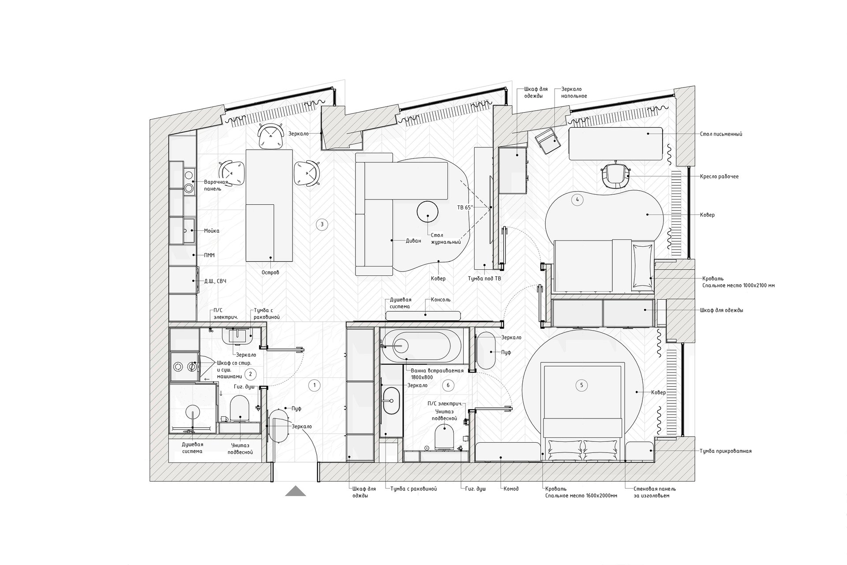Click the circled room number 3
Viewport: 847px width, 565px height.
pos(322,224)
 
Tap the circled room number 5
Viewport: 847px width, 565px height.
pos(581,385)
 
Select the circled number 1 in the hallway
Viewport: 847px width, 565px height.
pos(314,385)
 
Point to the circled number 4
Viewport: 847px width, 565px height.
pos(577,200)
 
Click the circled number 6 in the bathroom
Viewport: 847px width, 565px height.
pos(448,385)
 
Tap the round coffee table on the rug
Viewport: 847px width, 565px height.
pos(427,211)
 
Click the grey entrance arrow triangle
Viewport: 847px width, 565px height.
pos(296,491)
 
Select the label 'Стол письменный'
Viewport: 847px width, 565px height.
pos(721,134)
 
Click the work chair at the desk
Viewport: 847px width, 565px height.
pos(616,175)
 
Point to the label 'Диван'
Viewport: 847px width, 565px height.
pos(413,241)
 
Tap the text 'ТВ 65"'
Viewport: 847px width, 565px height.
pos(465,207)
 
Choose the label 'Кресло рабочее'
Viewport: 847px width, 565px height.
pos(719,177)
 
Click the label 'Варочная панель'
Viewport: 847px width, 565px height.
pos(216,185)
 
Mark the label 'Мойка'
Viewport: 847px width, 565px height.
pos(212,230)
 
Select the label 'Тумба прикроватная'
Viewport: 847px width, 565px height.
pos(726,451)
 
